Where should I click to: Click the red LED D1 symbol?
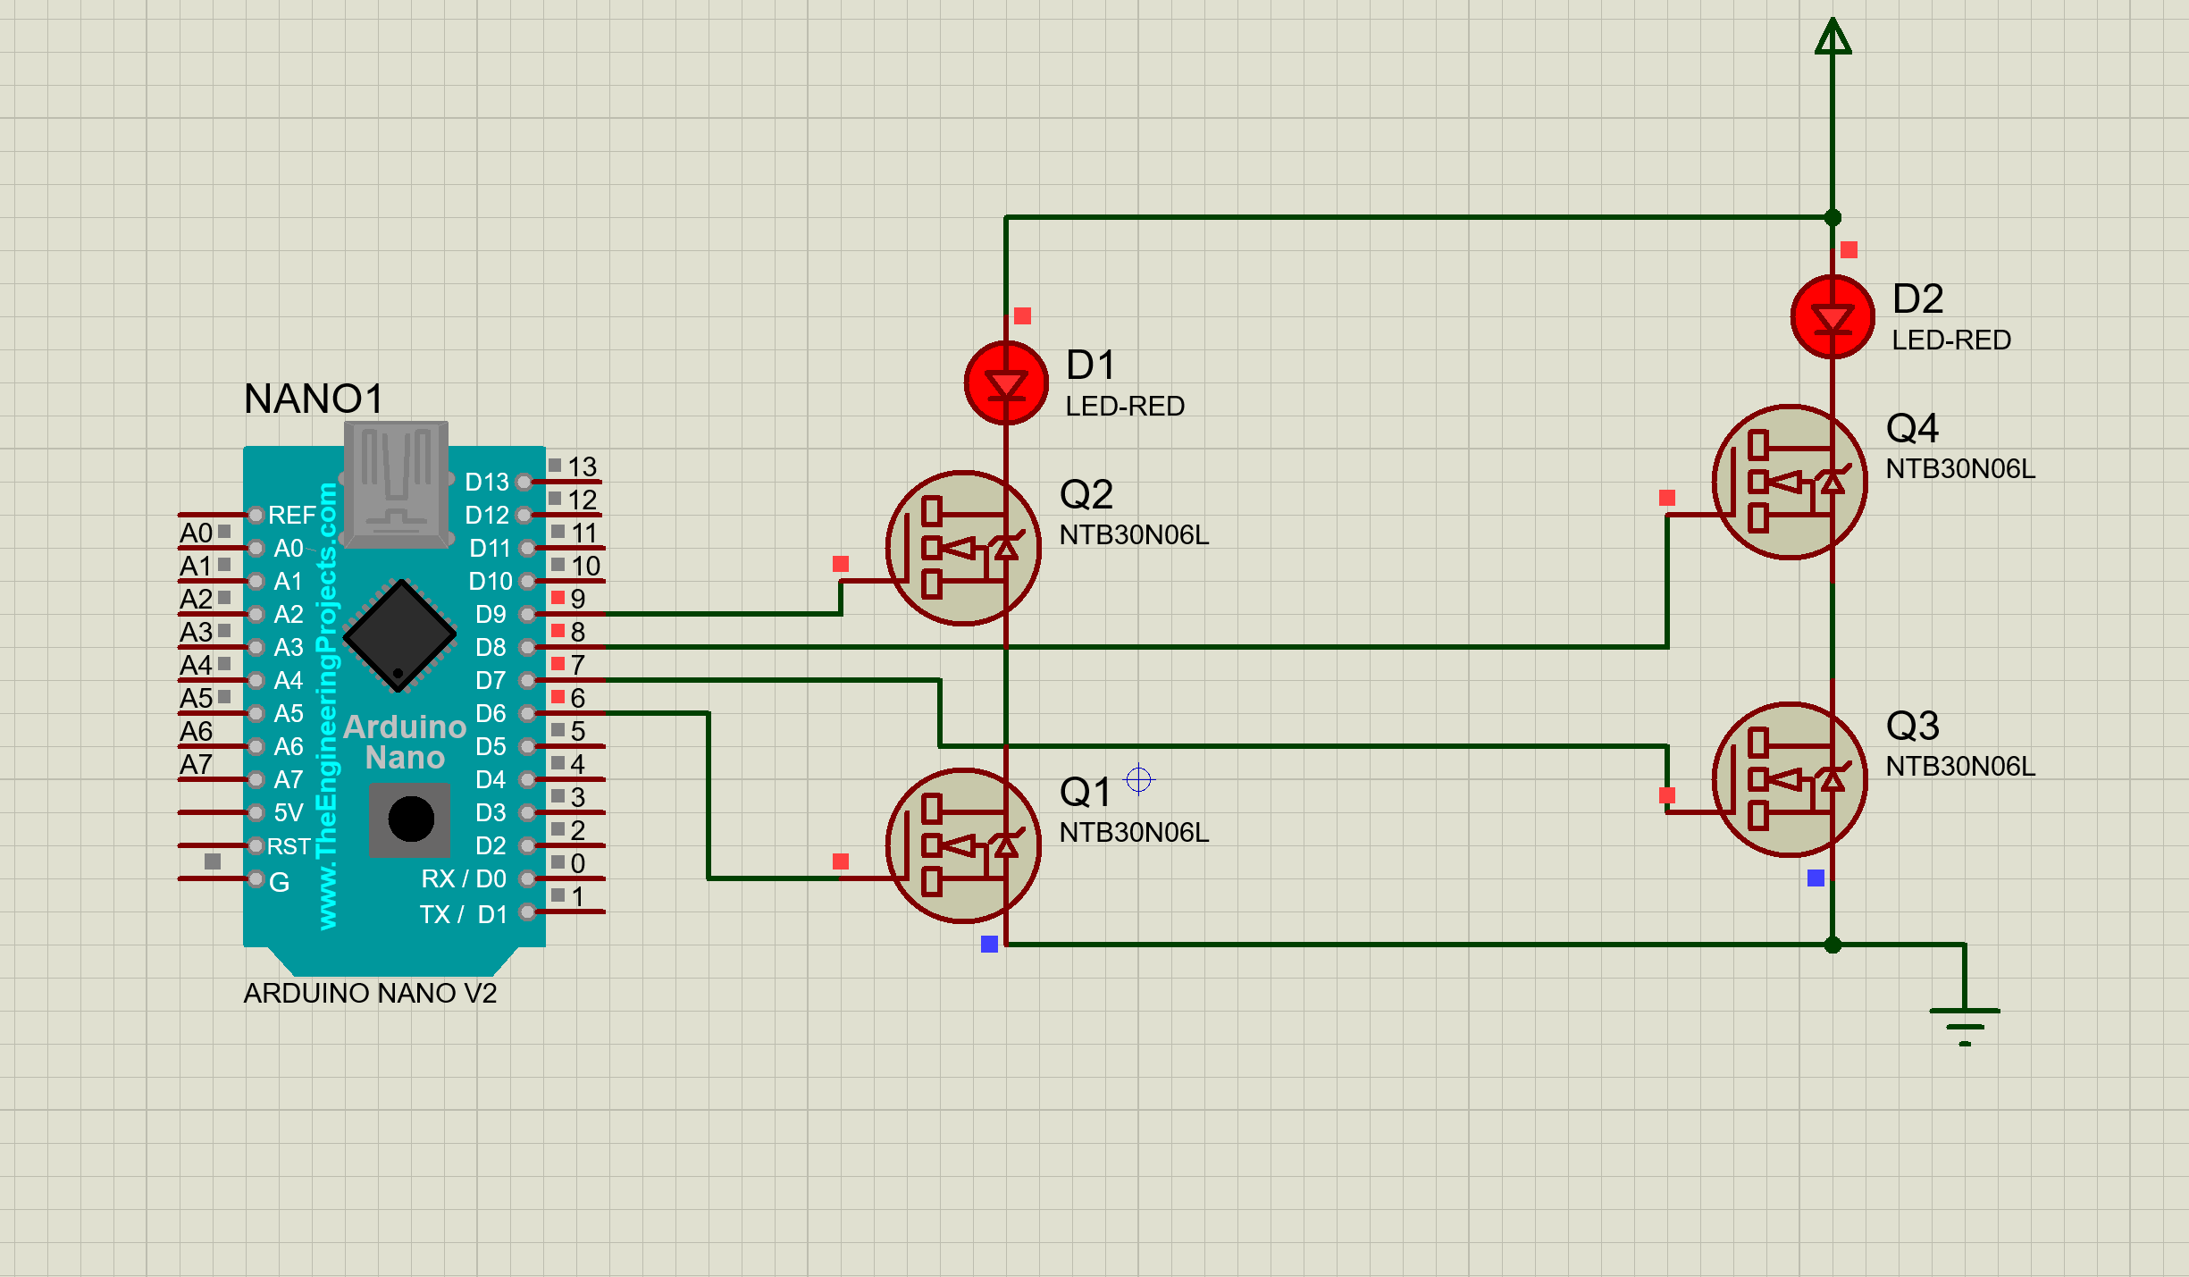click(x=1006, y=383)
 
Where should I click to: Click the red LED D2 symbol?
click(x=1833, y=317)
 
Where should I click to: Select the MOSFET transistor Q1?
click(x=963, y=845)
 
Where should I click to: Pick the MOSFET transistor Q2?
click(x=963, y=548)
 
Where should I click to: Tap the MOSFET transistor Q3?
click(x=1790, y=779)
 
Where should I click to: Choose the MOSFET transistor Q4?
click(x=1790, y=483)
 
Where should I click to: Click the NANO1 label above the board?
click(x=314, y=399)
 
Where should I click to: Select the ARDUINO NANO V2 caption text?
click(x=370, y=993)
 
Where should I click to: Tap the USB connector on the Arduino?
click(x=396, y=483)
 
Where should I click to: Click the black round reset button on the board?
click(x=411, y=819)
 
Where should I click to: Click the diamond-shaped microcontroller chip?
click(x=400, y=635)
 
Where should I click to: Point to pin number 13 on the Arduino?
click(x=582, y=466)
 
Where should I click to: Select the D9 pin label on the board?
click(x=491, y=614)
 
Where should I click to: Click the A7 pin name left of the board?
click(x=196, y=765)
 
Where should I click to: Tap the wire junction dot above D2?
click(x=1833, y=217)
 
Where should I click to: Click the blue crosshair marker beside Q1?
click(x=1138, y=779)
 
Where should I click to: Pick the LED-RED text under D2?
click(x=1950, y=340)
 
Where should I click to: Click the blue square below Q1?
click(x=989, y=944)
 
